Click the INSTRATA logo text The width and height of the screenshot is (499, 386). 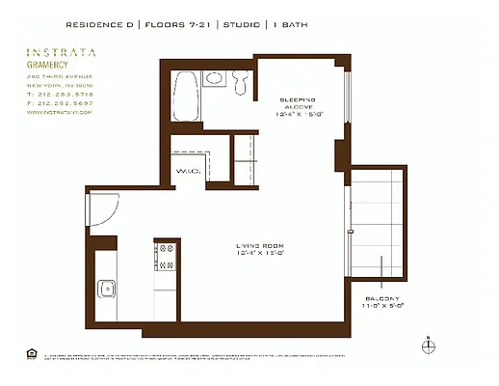pos(61,54)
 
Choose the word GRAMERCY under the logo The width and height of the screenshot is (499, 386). pos(47,67)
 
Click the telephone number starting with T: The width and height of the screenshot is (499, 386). pos(61,96)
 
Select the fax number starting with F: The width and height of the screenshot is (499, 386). pos(61,103)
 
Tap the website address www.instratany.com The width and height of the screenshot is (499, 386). pos(59,113)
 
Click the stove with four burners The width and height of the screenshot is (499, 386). pos(165,256)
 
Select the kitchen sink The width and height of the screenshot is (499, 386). pos(106,289)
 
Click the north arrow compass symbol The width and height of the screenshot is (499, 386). pos(429,345)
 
